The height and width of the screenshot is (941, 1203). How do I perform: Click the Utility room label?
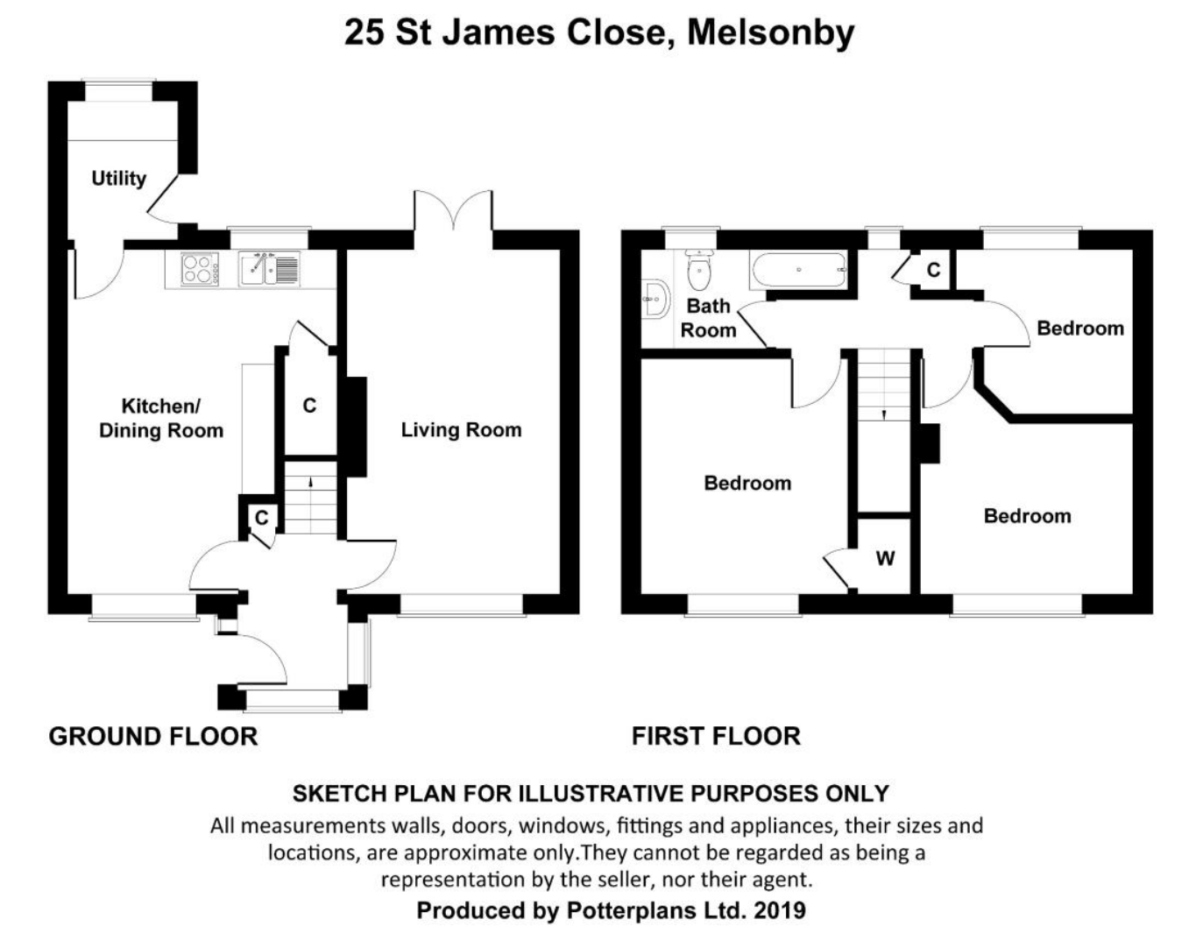click(118, 178)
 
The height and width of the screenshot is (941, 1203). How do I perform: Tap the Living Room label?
click(461, 429)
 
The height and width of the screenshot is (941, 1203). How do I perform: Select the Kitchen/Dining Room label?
click(160, 418)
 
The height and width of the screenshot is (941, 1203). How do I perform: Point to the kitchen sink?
click(268, 268)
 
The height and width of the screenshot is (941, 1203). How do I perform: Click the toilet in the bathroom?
click(699, 270)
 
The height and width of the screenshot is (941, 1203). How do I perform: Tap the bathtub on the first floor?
click(797, 270)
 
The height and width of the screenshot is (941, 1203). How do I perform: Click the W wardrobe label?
click(885, 558)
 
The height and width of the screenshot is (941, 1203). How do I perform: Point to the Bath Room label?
click(708, 317)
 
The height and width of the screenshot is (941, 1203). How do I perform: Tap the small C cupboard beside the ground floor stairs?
click(261, 518)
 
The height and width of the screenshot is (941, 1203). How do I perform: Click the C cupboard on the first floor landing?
click(933, 270)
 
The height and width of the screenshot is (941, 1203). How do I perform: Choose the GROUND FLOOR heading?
click(153, 736)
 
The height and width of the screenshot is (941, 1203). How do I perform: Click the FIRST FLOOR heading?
click(716, 736)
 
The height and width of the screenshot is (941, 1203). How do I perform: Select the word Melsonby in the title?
click(770, 32)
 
